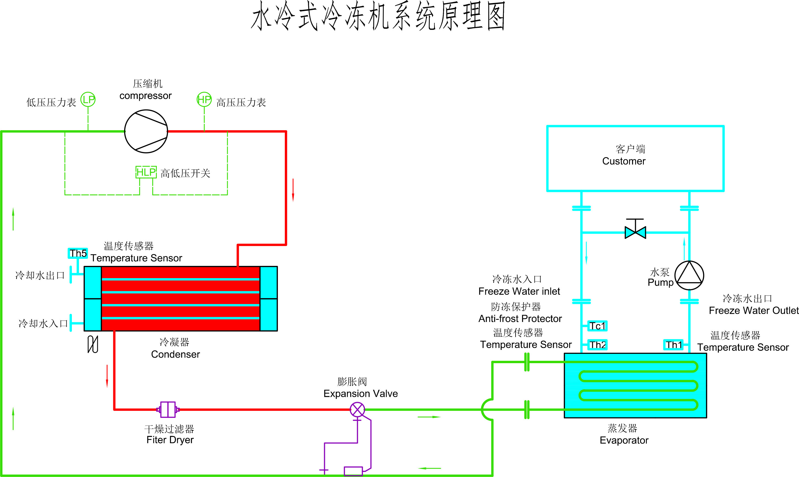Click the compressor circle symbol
pos(146,131)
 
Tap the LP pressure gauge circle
pos(88,99)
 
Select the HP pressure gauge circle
pos(204,99)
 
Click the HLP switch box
pos(146,172)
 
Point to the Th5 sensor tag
pos(78,253)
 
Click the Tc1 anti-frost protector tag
pos(597,326)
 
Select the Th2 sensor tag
pos(597,345)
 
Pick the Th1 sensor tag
pos(673,345)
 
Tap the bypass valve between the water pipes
pos(635,232)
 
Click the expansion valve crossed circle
pos(357,409)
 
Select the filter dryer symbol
pos(168,409)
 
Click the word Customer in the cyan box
pos(624,161)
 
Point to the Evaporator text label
pos(624,440)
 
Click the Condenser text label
pos(175,354)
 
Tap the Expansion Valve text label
pos(361,393)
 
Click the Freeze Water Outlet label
pos(753,311)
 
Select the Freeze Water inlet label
pos(519,291)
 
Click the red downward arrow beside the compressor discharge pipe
pos(293,190)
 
